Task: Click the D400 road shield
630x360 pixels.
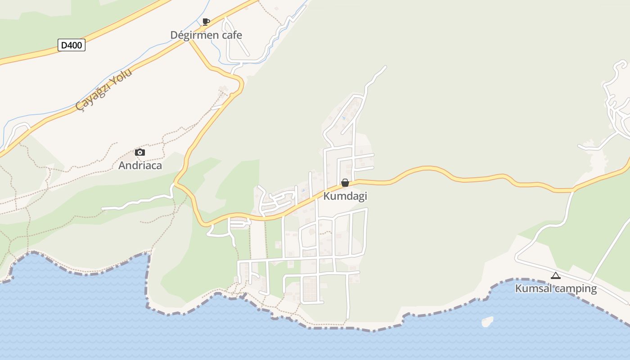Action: (x=72, y=45)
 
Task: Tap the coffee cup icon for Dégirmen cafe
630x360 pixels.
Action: (x=206, y=22)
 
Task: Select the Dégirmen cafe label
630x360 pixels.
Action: (x=206, y=35)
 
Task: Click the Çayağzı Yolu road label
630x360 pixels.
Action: (x=104, y=90)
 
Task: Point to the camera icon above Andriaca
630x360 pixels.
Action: (x=140, y=153)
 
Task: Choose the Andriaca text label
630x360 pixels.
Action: (x=140, y=166)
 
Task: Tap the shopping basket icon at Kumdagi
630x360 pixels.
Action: (x=345, y=183)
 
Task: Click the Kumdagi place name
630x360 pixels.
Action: (x=345, y=196)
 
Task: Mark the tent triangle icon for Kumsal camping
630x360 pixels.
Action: (x=556, y=275)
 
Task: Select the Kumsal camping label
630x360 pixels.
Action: (x=556, y=288)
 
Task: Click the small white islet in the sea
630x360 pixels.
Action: (x=487, y=322)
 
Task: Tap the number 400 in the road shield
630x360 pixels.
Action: (x=75, y=45)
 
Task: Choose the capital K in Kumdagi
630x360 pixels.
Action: (x=327, y=196)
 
